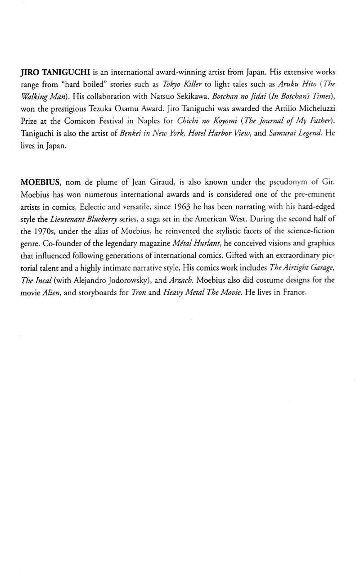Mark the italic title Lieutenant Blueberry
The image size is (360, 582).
coord(81,218)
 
